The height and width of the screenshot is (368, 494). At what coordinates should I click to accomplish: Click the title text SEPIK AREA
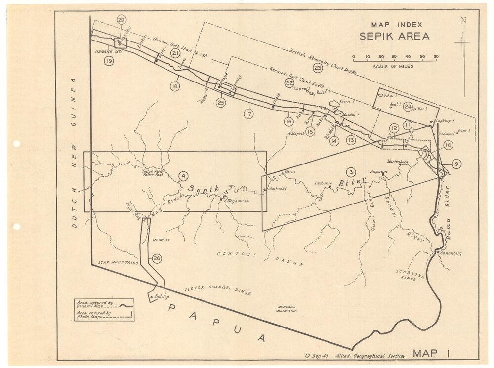pyautogui.click(x=394, y=36)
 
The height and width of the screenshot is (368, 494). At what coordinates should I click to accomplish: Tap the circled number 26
pyautogui.click(x=157, y=258)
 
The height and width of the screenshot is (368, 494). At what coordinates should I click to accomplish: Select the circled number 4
pyautogui.click(x=183, y=175)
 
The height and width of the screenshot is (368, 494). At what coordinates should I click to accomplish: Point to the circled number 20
pyautogui.click(x=122, y=20)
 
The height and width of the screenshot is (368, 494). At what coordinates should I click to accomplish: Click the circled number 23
pyautogui.click(x=318, y=68)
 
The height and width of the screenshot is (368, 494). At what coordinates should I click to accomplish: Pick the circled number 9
pyautogui.click(x=456, y=164)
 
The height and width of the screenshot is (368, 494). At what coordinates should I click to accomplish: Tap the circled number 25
pyautogui.click(x=221, y=103)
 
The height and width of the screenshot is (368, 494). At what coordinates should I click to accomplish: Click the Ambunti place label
pyautogui.click(x=278, y=189)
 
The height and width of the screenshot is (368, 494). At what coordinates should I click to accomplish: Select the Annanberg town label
pyautogui.click(x=451, y=253)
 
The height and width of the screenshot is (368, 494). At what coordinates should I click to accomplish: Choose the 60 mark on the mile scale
pyautogui.click(x=436, y=57)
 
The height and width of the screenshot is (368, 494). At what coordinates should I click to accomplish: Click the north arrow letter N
pyautogui.click(x=463, y=20)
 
